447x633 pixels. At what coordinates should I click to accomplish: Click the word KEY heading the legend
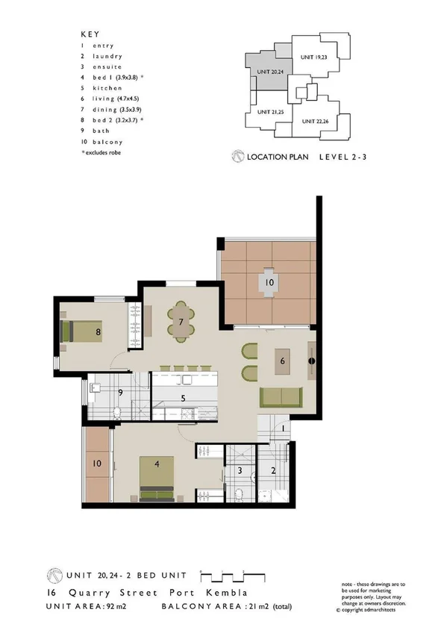89,34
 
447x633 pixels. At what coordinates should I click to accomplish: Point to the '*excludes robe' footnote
101,152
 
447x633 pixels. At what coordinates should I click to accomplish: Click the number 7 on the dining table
181,322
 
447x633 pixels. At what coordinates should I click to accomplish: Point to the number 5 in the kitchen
184,399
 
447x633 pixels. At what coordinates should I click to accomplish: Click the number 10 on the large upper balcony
269,283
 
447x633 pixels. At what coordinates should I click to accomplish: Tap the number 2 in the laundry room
273,470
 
